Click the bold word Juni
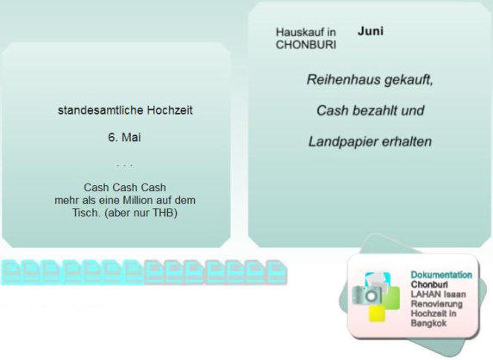click(371, 31)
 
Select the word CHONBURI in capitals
click(306, 45)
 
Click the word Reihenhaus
click(343, 79)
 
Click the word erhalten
click(406, 142)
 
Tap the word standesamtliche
click(100, 110)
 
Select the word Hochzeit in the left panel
click(170, 110)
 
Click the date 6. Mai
click(124, 137)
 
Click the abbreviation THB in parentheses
click(163, 213)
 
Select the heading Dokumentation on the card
click(441, 275)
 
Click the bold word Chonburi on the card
click(429, 284)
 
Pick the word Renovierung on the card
click(437, 304)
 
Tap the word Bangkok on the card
click(428, 323)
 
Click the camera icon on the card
click(367, 295)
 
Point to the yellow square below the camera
click(378, 313)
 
